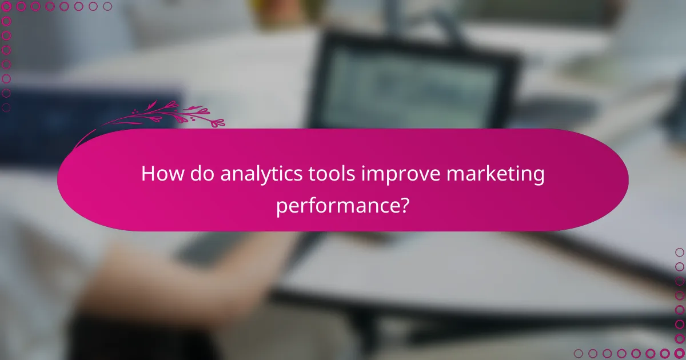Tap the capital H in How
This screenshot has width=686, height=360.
pyautogui.click(x=148, y=174)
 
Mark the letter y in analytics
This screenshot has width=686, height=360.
pyautogui.click(x=269, y=177)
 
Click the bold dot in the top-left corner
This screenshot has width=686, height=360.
pyautogui.click(x=7, y=7)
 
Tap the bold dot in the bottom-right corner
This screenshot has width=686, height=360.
pyautogui.click(x=679, y=353)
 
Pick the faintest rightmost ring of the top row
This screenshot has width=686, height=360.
pyautogui.click(x=107, y=7)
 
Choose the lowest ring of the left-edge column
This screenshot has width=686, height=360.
pyautogui.click(x=7, y=107)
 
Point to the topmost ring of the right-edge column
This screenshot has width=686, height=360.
pyautogui.click(x=679, y=252)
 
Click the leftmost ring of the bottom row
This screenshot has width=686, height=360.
pyautogui.click(x=579, y=353)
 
